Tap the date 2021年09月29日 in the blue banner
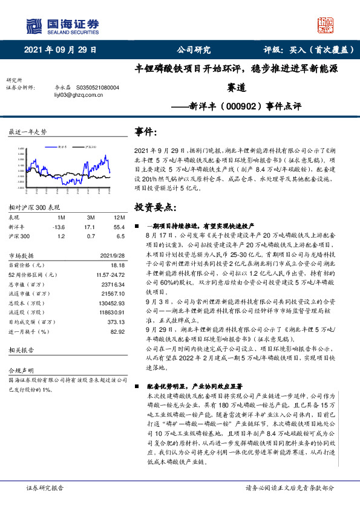[61, 50]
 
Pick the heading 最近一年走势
[27, 132]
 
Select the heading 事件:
[148, 132]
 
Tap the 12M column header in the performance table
[119, 216]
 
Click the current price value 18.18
[117, 265]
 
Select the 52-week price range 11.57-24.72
[109, 274]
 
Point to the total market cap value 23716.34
[111, 283]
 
